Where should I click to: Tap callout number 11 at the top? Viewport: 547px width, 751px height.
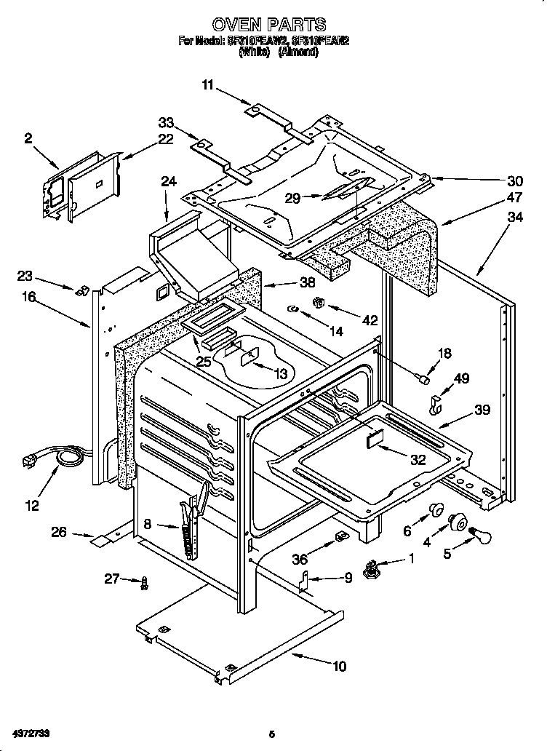209,86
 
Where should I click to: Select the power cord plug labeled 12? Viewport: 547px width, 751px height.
33,461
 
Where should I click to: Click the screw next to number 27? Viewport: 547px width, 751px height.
145,581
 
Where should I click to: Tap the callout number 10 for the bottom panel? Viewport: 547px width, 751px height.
340,665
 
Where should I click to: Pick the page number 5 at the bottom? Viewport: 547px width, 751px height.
271,733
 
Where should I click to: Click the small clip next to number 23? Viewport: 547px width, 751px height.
82,289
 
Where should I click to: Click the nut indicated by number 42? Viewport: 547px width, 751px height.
317,301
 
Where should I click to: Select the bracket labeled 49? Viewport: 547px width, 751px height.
437,404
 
